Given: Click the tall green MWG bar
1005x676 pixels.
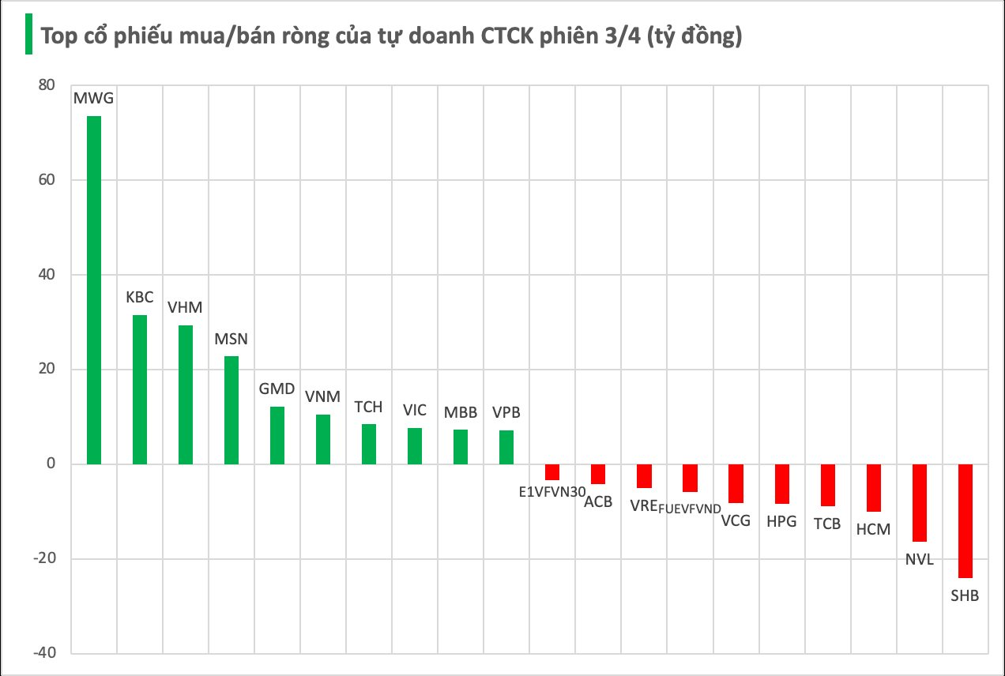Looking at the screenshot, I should (x=94, y=290).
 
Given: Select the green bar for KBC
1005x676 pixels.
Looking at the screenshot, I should (x=140, y=389).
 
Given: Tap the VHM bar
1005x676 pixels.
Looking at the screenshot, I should (x=186, y=394).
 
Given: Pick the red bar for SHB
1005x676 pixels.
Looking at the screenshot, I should (x=965, y=521).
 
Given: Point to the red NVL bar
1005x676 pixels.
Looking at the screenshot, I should (x=919, y=503).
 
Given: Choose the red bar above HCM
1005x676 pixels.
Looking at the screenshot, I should (x=873, y=488).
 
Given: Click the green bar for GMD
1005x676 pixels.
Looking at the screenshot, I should (x=277, y=435).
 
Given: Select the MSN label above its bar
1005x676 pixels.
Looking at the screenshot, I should (x=231, y=340).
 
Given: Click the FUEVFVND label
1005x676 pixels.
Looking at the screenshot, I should (x=691, y=508).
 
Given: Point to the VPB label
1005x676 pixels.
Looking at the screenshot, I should (x=506, y=413).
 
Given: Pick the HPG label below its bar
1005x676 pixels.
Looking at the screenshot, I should (x=781, y=522).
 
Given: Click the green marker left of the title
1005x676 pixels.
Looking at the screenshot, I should (x=28, y=35).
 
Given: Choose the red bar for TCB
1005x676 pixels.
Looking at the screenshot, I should (x=827, y=485).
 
